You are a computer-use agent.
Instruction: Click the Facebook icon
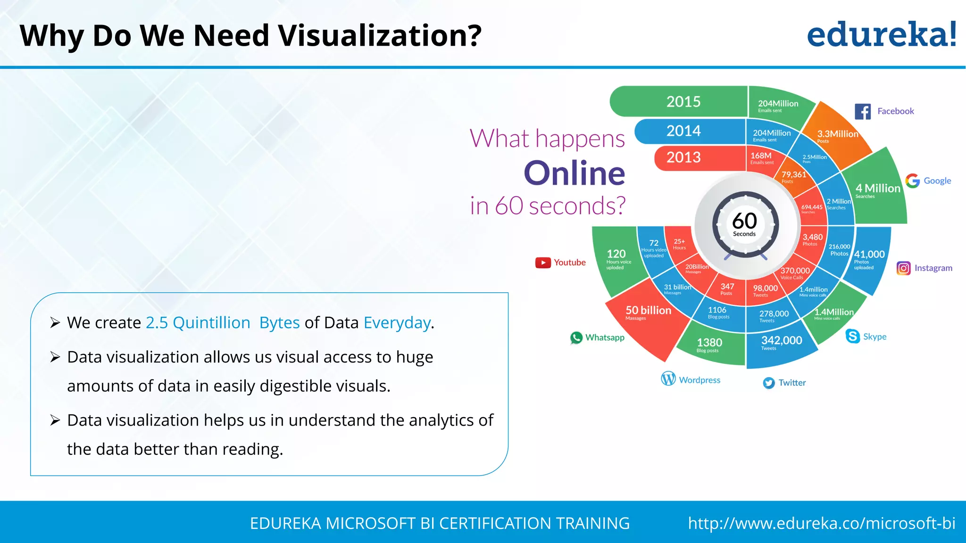[x=863, y=112]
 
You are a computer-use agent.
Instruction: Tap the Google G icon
[x=913, y=181]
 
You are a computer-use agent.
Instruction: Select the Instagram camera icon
[x=903, y=268]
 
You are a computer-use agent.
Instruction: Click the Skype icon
[x=853, y=336]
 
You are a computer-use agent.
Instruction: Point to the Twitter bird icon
[x=769, y=383]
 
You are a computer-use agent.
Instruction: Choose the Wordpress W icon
[x=668, y=378]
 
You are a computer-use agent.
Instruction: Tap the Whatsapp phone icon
[x=576, y=337]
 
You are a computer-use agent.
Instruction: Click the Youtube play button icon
[x=543, y=263]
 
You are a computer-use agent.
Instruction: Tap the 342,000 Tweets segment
[x=781, y=343]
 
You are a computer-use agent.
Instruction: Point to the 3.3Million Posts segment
[x=837, y=136]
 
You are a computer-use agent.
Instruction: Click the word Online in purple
[x=574, y=173]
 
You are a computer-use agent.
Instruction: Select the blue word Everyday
[x=397, y=323]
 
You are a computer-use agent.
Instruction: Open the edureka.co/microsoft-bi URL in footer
[x=821, y=523]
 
